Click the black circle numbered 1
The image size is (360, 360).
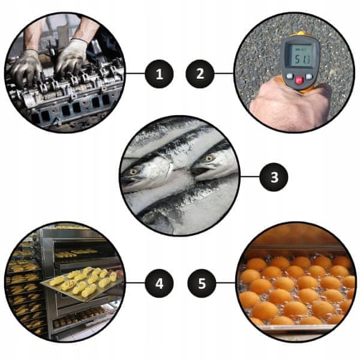coord(159,74)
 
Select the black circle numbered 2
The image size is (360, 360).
coord(200,74)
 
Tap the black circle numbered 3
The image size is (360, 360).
coord(274,177)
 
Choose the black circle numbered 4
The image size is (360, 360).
coord(159,283)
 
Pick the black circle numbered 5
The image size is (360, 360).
coord(202,283)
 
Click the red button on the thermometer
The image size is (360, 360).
coord(299,80)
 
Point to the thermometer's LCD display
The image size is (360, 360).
coord(301,56)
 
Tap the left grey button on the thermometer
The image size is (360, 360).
coord(290,76)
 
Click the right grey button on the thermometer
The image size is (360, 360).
coord(309,76)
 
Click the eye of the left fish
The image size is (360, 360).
coord(133,172)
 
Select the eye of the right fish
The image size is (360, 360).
coord(209,158)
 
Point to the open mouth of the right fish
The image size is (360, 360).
coord(199,171)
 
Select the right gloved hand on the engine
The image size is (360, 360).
coord(71,56)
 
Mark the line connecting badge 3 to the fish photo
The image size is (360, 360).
coord(250,177)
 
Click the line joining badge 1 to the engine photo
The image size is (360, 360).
coord(135,74)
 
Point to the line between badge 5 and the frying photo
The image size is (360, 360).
coord(226,283)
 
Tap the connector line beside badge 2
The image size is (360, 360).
coord(224,74)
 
